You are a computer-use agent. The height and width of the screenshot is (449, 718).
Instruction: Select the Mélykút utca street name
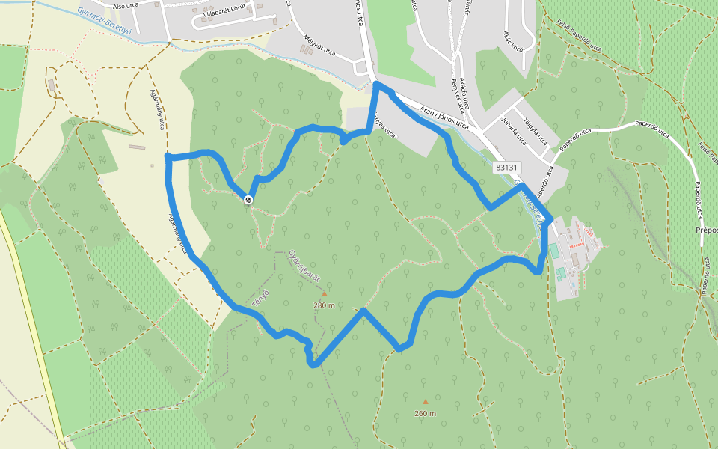pyautogui.click(x=318, y=46)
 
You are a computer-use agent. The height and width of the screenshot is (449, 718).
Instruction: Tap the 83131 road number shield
pyautogui.click(x=507, y=168)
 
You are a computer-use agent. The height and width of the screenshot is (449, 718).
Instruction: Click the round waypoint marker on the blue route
pyautogui.click(x=248, y=199)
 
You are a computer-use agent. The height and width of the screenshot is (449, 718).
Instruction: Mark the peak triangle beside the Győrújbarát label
pyautogui.click(x=325, y=294)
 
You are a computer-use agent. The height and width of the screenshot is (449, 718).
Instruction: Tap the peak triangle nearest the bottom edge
pyautogui.click(x=426, y=402)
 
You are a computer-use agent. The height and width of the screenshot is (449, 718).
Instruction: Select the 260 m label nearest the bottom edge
pyautogui.click(x=425, y=413)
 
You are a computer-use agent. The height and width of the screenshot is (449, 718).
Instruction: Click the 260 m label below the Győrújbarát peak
pyautogui.click(x=324, y=305)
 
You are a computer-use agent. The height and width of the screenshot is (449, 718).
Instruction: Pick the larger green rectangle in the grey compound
pyautogui.click(x=553, y=248)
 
